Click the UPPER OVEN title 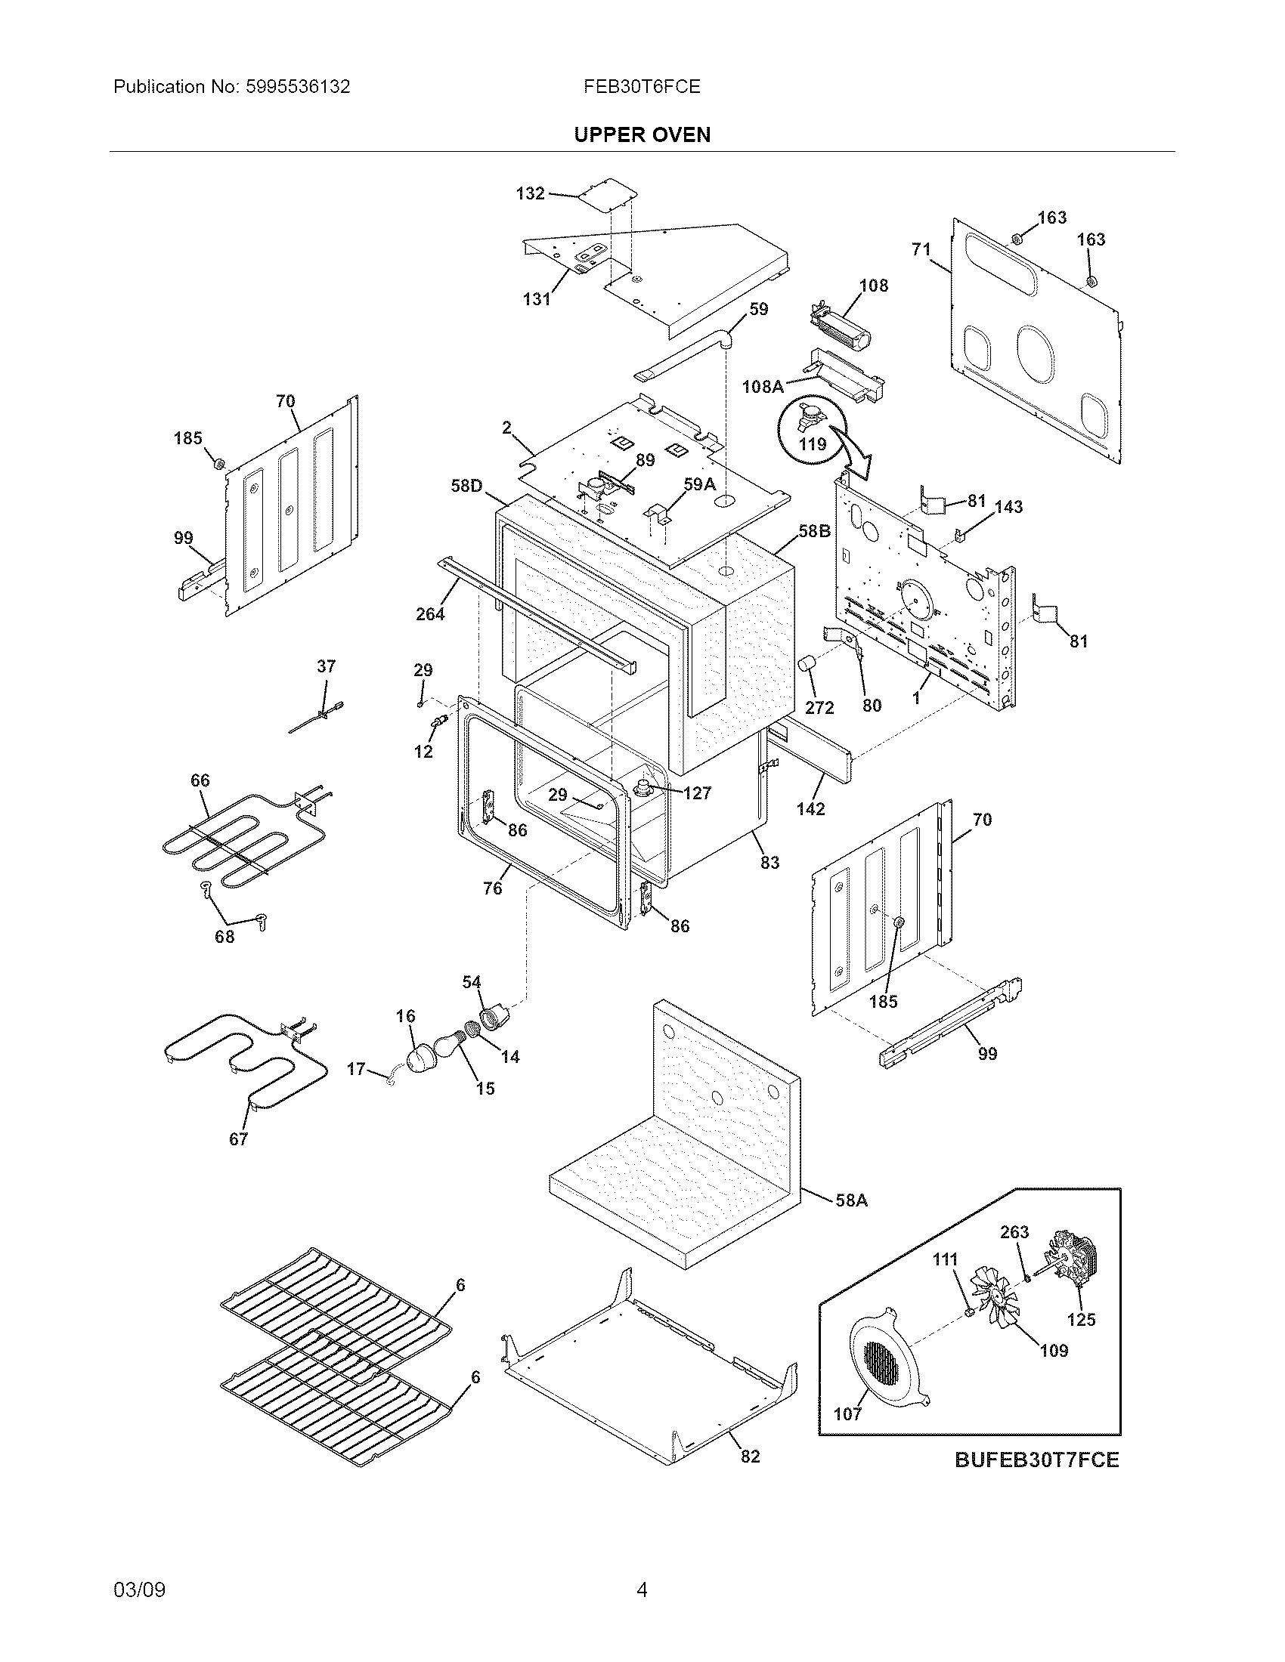pyautogui.click(x=642, y=134)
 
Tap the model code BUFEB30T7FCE pyautogui.click(x=1037, y=1460)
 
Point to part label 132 pyautogui.click(x=530, y=193)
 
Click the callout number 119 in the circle pyautogui.click(x=813, y=443)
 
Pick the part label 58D pyautogui.click(x=466, y=485)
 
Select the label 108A pyautogui.click(x=763, y=387)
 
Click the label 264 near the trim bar pyautogui.click(x=430, y=613)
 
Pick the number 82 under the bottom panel pyautogui.click(x=750, y=1456)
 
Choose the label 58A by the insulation pyautogui.click(x=851, y=1200)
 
